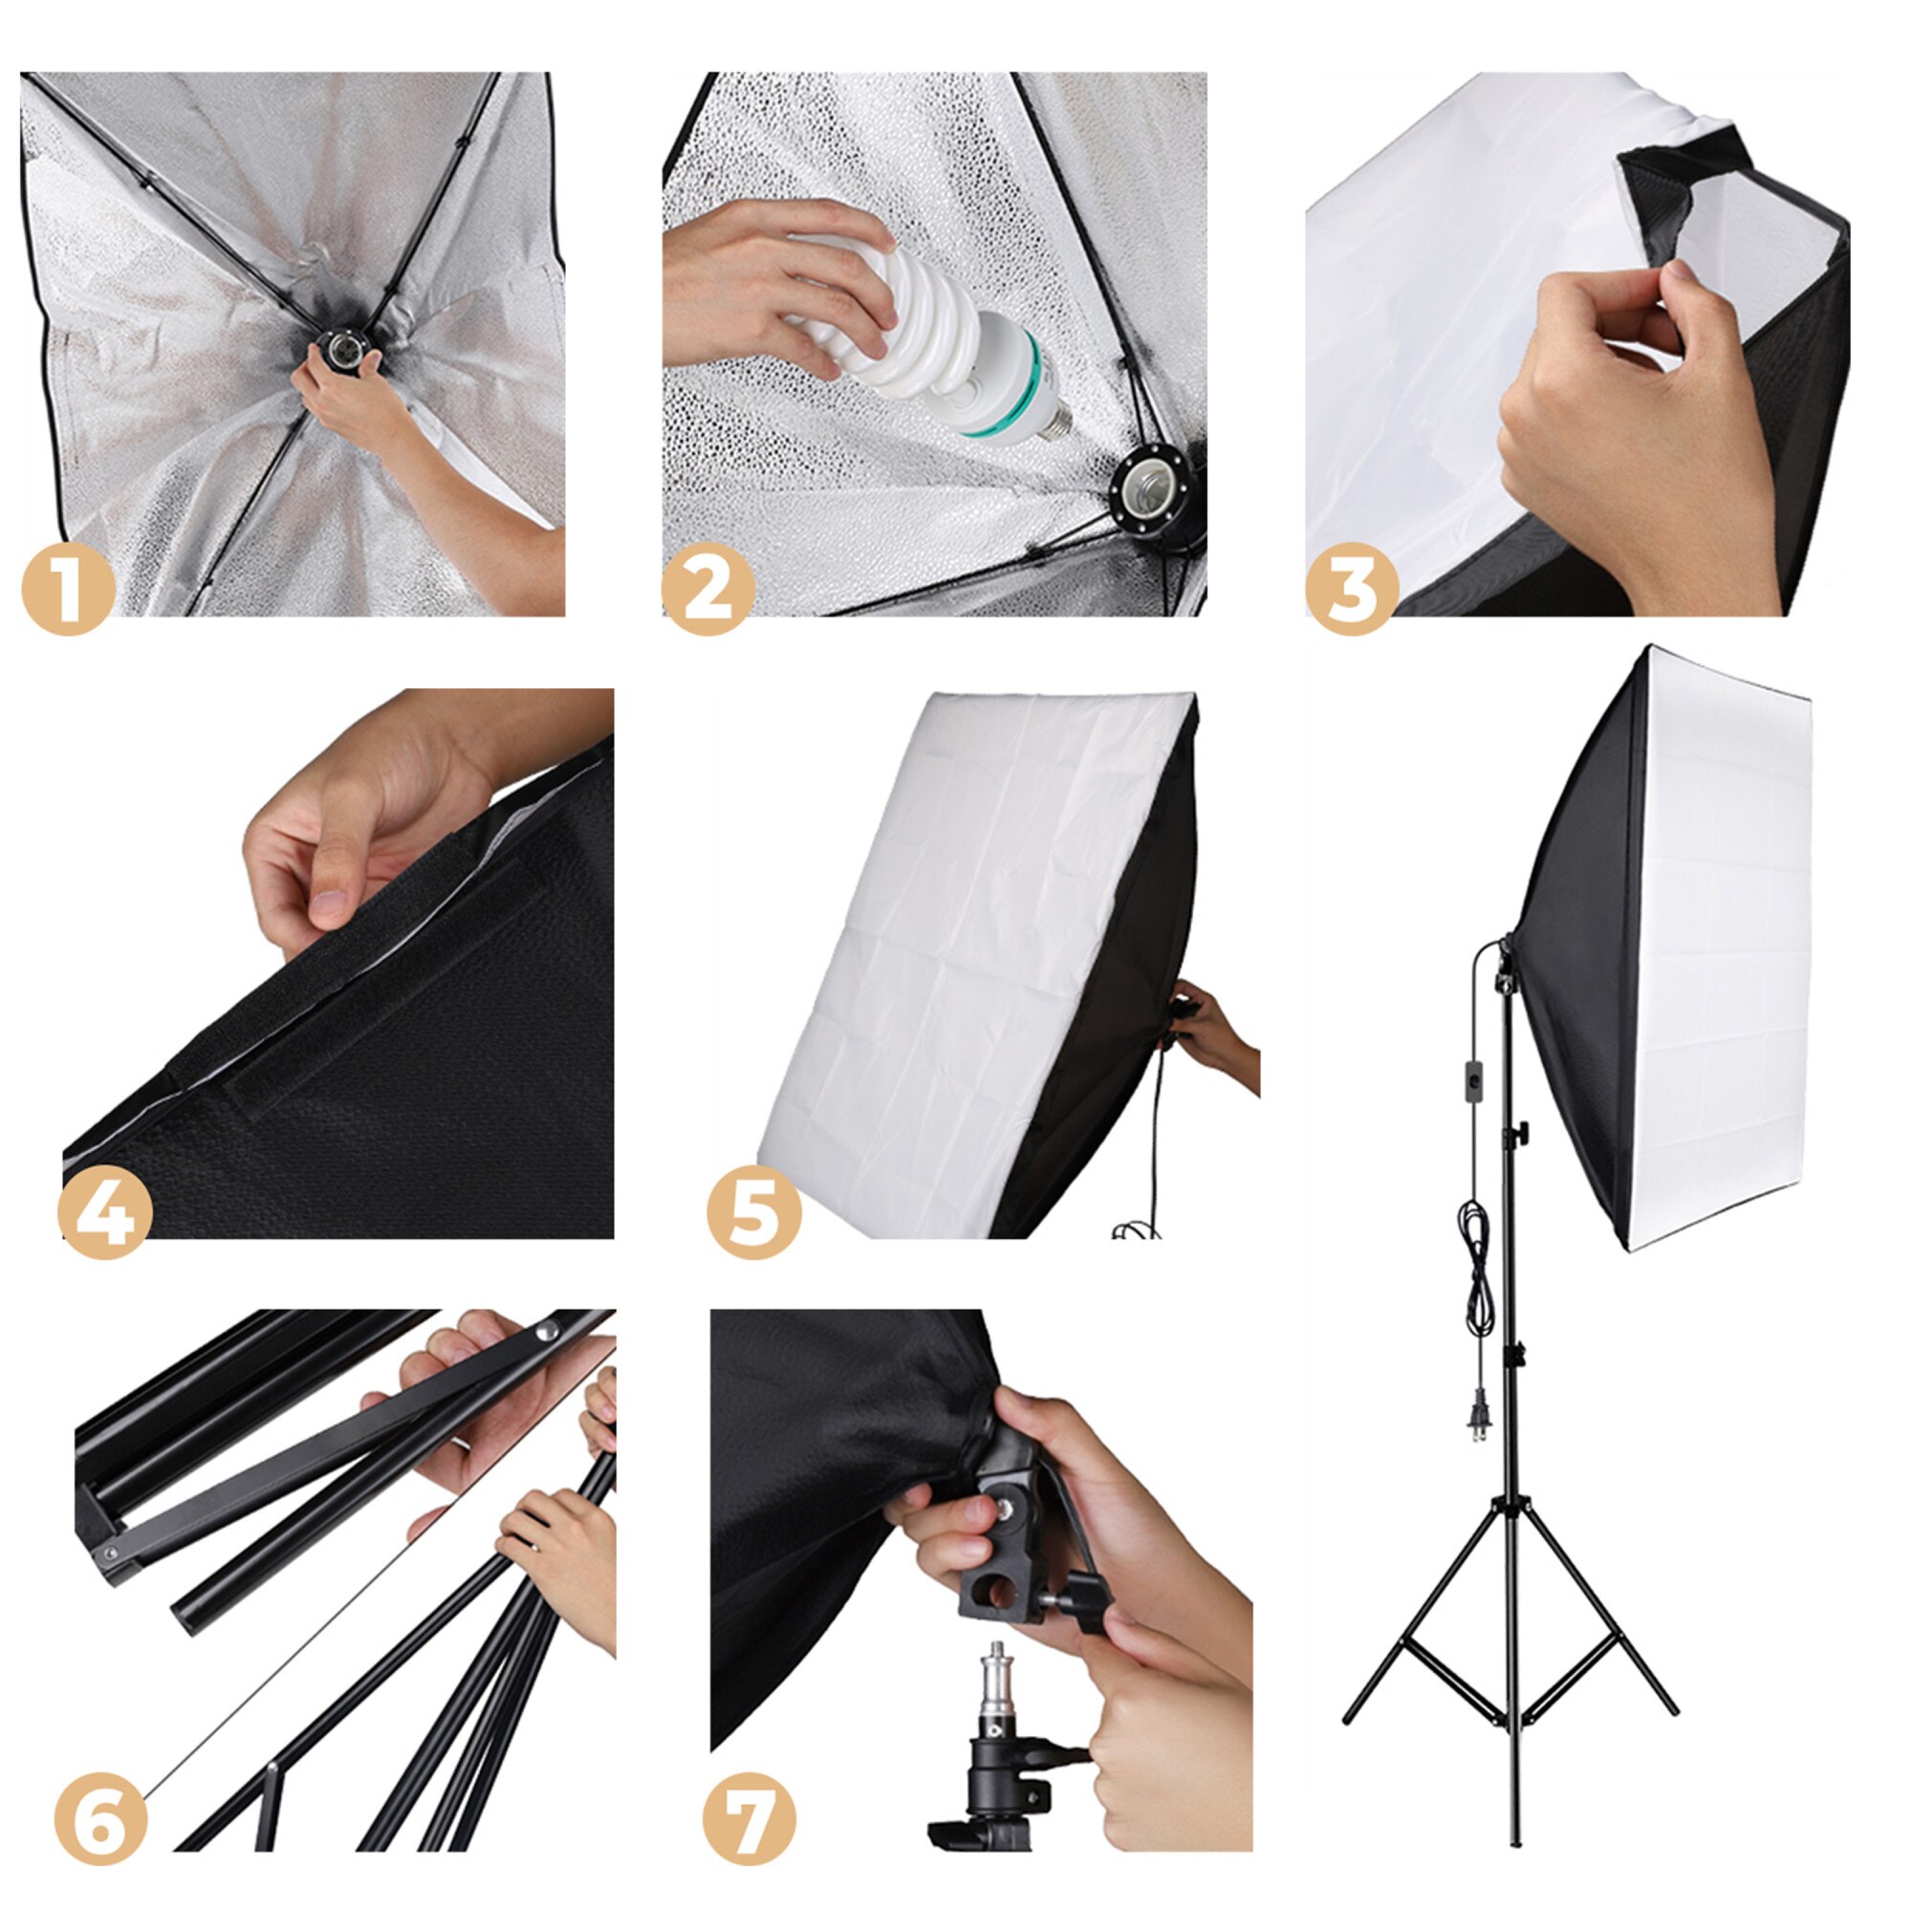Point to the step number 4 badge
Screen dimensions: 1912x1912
[105, 1213]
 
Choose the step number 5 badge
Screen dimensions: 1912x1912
[753, 1213]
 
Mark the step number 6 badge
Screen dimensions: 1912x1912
[100, 1819]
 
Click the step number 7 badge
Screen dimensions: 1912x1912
[750, 1819]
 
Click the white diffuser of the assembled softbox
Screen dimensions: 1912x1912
[1722, 950]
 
